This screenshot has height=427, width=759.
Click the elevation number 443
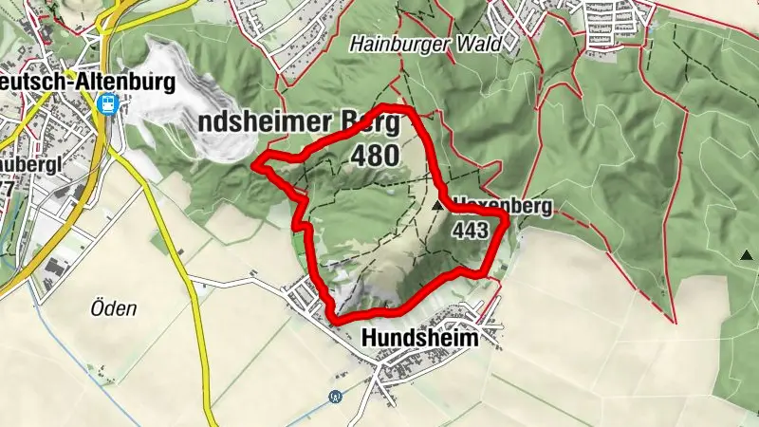tap(471, 230)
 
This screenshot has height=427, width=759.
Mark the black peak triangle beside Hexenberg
tap(437, 204)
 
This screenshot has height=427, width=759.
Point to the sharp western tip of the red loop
tap(254, 167)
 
